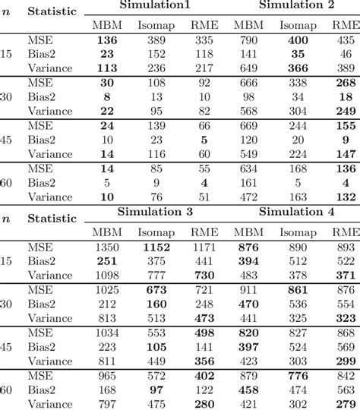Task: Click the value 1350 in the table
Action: click(x=104, y=248)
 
